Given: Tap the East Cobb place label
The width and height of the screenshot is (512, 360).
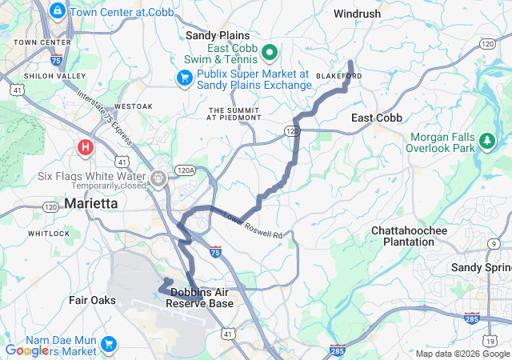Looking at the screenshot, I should pos(377,118).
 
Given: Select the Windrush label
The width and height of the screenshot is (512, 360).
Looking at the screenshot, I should pos(358,14).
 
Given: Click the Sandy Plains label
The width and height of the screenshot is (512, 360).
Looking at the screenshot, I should pos(218,35).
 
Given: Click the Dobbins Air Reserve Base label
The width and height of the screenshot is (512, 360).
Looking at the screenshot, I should pos(202,298).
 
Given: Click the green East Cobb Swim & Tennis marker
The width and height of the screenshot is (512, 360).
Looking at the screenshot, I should pos(270,54).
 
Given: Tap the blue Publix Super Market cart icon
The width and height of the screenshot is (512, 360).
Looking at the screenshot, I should pos(184,78).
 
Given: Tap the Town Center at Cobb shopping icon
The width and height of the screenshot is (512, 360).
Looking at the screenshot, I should pos(57,11).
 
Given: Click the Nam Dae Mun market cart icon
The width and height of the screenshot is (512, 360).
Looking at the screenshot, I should pos(108,346).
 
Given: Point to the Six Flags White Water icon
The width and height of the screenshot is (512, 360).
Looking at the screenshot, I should pos(159,176).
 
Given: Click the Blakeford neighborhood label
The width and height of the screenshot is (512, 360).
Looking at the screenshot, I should pos(339,76).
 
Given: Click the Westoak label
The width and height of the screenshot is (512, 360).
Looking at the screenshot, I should pos(133,106).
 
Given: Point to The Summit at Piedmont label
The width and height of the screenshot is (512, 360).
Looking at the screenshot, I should pos(234,113).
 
